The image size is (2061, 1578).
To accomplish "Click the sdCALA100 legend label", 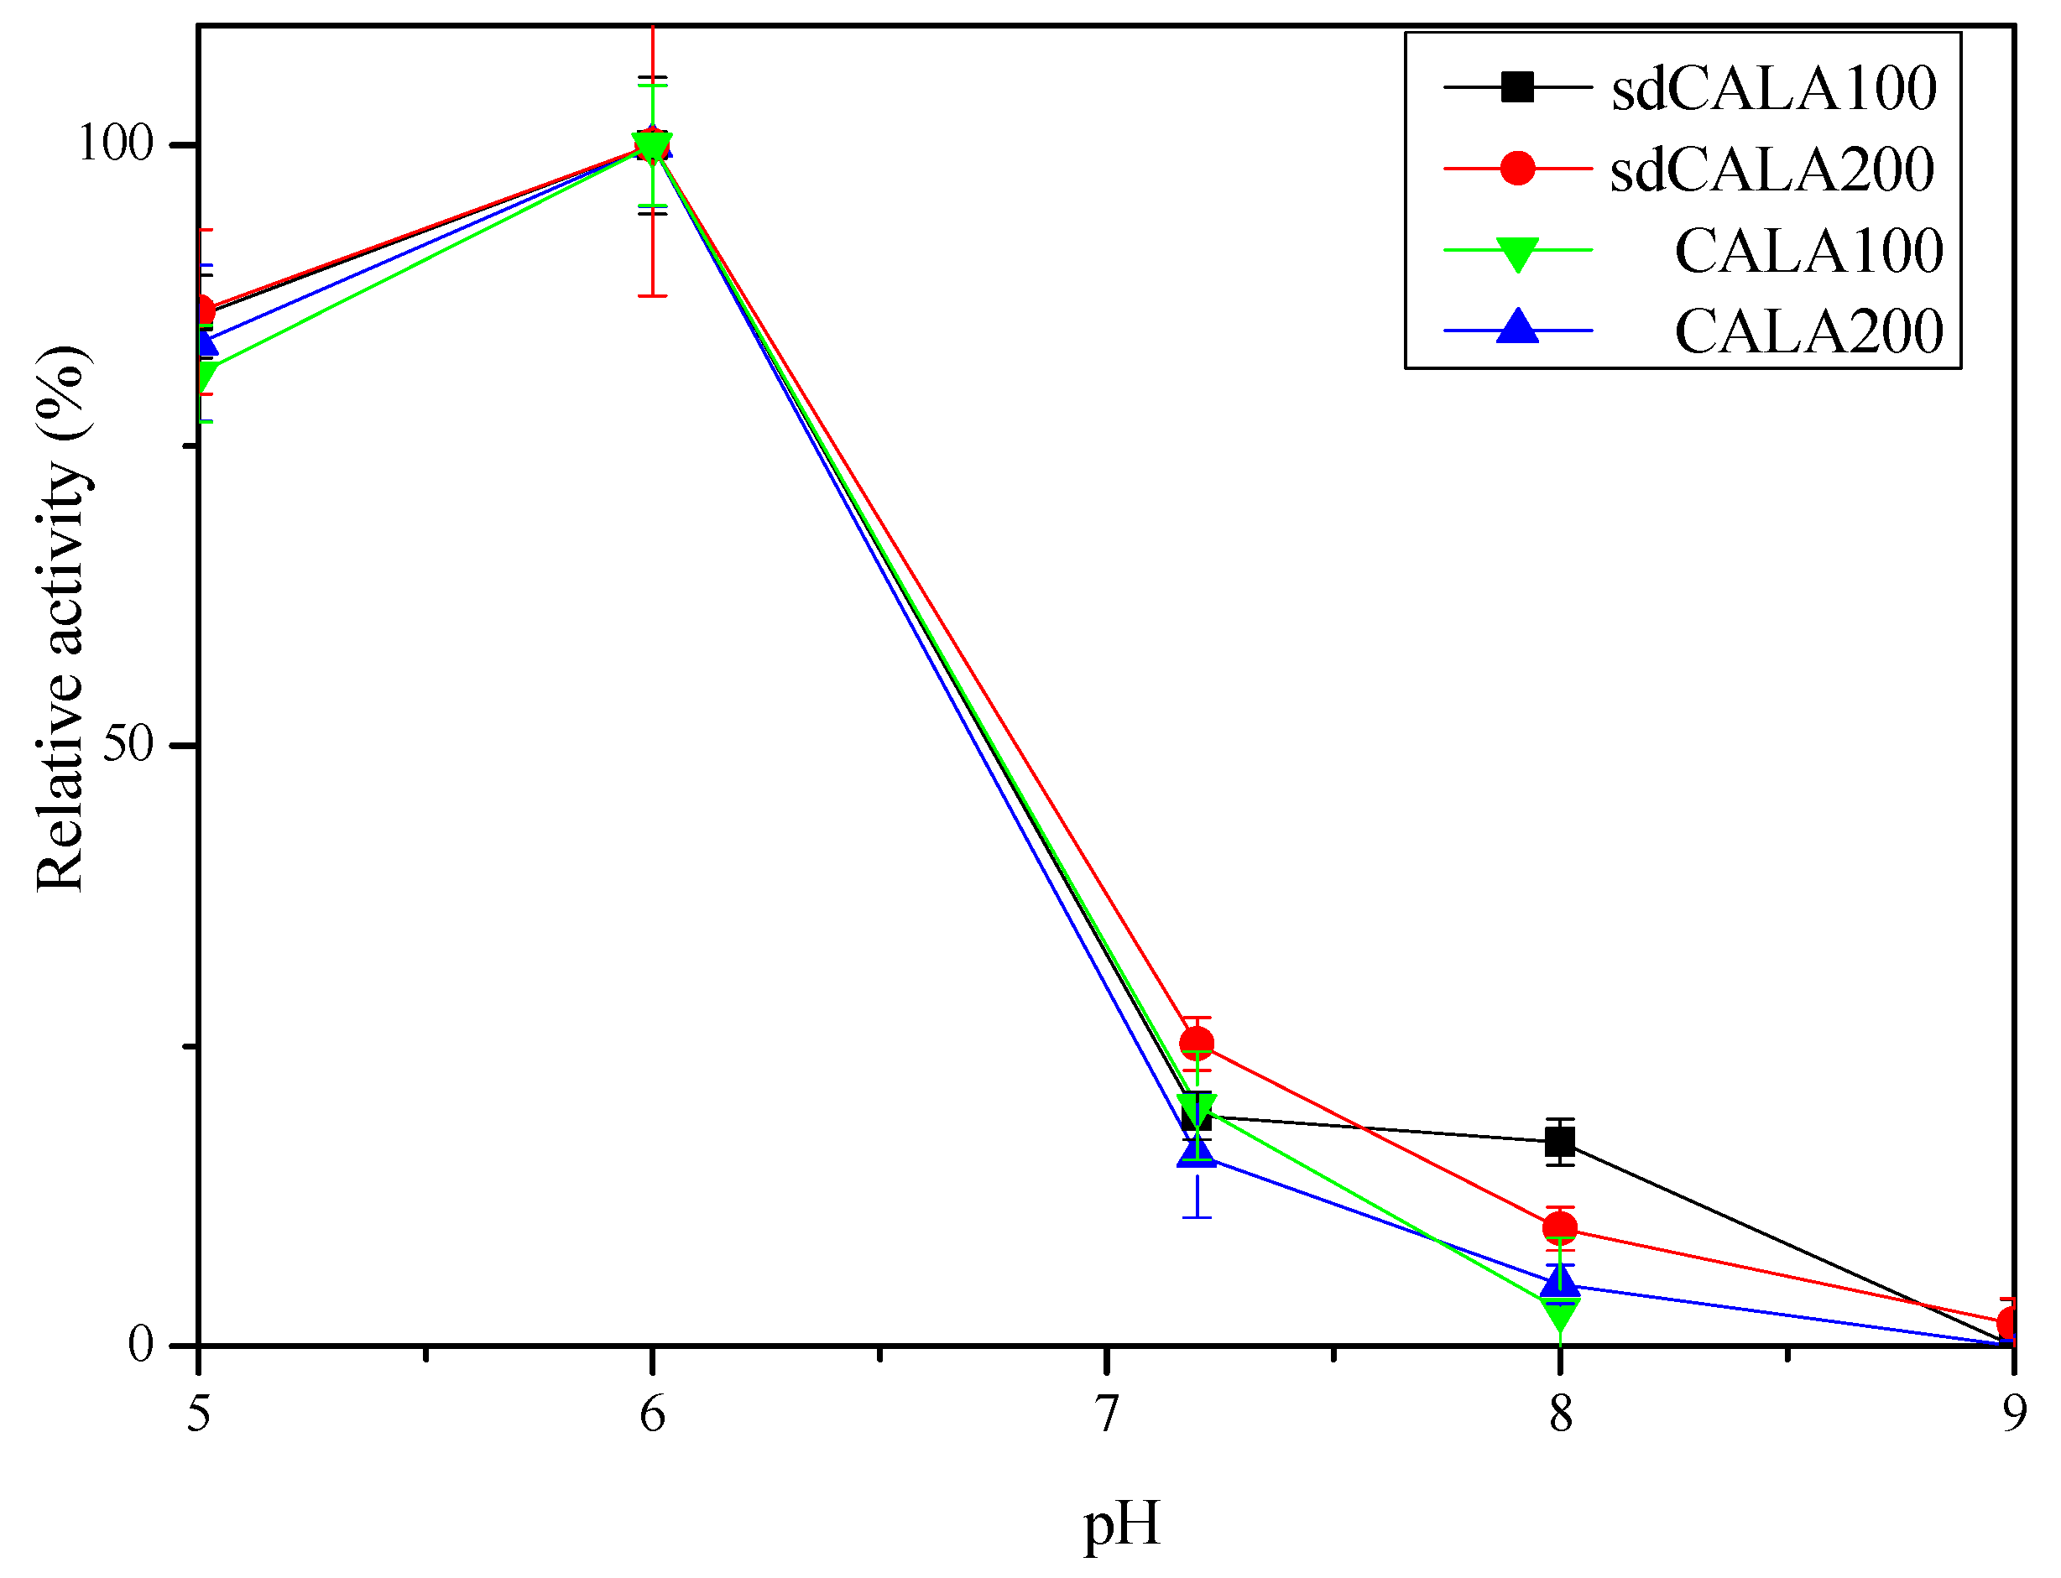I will pyautogui.click(x=1773, y=88).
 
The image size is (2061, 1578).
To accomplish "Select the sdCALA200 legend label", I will pyautogui.click(x=1771, y=169).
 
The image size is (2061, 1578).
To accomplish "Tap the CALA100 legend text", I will pyautogui.click(x=1808, y=251).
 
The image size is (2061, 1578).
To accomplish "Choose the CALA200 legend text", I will pyautogui.click(x=1808, y=331).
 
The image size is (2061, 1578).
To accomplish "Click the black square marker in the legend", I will pyautogui.click(x=1517, y=87).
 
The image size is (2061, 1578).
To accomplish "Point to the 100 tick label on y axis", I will pyautogui.click(x=115, y=143).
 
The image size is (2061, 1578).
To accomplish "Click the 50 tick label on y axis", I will pyautogui.click(x=127, y=744).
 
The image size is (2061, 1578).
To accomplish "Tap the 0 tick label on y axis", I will pyautogui.click(x=140, y=1345).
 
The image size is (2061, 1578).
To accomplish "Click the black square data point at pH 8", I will pyautogui.click(x=1560, y=1142).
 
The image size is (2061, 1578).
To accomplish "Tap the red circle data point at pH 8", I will pyautogui.click(x=1560, y=1227).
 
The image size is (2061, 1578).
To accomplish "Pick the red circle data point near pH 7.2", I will pyautogui.click(x=1196, y=1044).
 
